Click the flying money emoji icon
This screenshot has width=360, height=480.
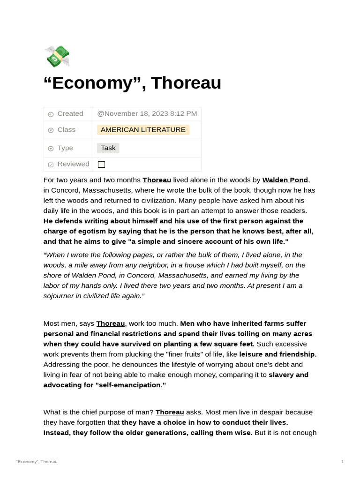click(57, 57)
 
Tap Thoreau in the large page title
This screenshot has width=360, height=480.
click(186, 83)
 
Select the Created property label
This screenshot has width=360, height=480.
click(70, 113)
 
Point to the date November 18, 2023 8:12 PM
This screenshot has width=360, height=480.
click(147, 113)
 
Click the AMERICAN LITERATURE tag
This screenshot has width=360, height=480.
click(143, 130)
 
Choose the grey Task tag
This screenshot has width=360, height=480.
click(108, 148)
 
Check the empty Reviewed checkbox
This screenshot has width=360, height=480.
click(101, 165)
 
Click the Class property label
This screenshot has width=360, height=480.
click(66, 130)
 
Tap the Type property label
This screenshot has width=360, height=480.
click(65, 148)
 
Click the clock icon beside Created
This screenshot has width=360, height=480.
click(51, 114)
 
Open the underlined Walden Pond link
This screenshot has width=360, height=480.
click(285, 180)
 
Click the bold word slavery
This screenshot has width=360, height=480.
click(282, 375)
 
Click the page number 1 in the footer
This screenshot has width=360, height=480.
click(342, 462)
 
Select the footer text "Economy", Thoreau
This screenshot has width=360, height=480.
click(37, 462)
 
